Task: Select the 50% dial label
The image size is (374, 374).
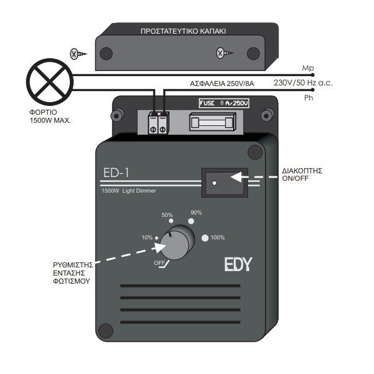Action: pyautogui.click(x=167, y=215)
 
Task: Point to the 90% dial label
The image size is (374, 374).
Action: pyautogui.click(x=196, y=213)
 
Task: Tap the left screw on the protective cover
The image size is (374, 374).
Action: pyautogui.click(x=75, y=54)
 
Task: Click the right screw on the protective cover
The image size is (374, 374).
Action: pyautogui.click(x=220, y=54)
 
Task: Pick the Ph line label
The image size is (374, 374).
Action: pyautogui.click(x=307, y=98)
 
